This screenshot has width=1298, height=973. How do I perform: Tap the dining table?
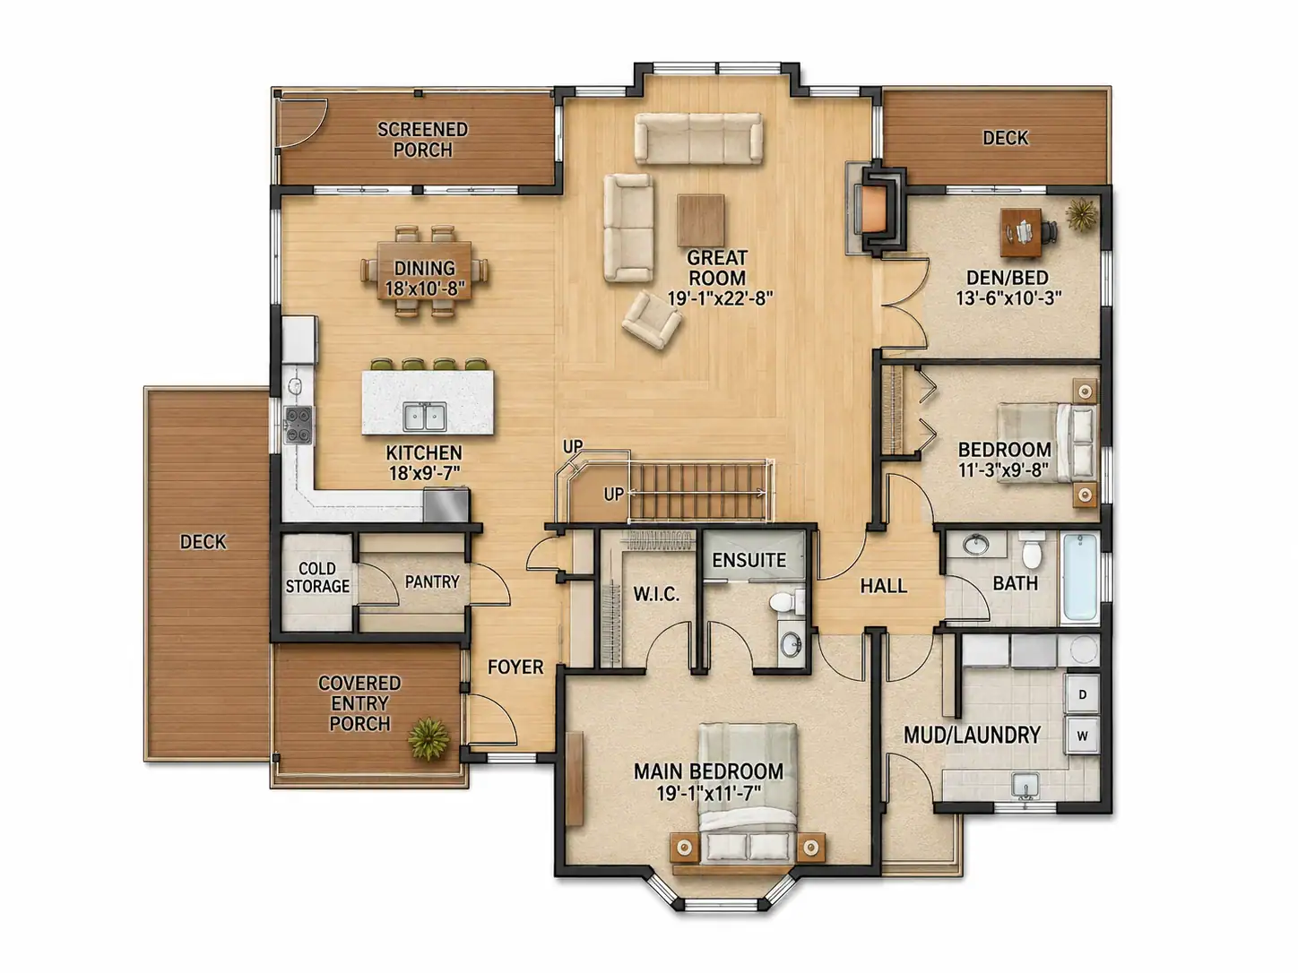pos(425,271)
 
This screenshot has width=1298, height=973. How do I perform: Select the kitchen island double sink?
pos(425,417)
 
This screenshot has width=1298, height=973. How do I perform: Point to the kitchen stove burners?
pos(298,425)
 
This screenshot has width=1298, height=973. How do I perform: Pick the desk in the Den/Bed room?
pos(1021,232)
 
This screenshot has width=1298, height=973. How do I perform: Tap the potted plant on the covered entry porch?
pos(428,738)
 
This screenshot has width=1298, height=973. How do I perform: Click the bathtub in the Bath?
pos(1080,577)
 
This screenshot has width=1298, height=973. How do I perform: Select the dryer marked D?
pos(1082,694)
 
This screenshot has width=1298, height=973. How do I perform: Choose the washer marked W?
pos(1082,736)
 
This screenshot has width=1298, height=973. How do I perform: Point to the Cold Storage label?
pos(317,577)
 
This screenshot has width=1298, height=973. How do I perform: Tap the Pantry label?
pos(432,581)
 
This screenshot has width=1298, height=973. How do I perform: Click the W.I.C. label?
pos(656,594)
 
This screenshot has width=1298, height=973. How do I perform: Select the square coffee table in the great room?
pos(701,220)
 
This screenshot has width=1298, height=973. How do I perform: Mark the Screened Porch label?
pos(423,140)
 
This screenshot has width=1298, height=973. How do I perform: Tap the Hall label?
pos(884,586)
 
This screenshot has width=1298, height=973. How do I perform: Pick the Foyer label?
pos(515,667)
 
